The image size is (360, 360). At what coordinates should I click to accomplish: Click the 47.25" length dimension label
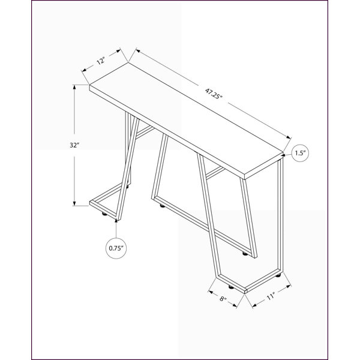pos(214,94)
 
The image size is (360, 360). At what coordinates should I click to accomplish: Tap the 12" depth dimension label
pos(101,62)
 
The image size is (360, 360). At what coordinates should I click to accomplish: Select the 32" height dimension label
pos(74,145)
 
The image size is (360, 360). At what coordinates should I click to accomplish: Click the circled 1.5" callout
pos(300,153)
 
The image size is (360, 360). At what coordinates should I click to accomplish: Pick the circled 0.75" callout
pos(116,248)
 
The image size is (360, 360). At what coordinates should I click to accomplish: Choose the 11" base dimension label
pos(271,296)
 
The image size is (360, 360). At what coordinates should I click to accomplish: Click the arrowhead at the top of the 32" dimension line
pos(74,87)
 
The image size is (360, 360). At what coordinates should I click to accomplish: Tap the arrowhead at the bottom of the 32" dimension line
pos(74,203)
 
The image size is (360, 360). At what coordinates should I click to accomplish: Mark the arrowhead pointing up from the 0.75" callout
pos(116,221)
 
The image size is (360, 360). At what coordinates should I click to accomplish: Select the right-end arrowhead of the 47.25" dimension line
pos(289,137)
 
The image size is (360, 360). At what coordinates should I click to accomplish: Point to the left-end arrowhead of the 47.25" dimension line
pos(138,50)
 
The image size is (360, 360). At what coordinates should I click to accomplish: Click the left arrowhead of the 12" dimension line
pos(84,70)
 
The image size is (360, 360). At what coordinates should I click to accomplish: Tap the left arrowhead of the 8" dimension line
pos(211,292)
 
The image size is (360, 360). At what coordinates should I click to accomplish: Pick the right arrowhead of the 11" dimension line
pos(289,286)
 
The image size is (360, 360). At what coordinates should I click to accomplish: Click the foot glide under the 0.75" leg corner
pos(104,214)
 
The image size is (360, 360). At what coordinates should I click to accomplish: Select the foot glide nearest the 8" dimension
pos(230,287)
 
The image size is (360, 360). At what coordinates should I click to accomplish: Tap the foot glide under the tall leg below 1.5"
pos(278,275)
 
